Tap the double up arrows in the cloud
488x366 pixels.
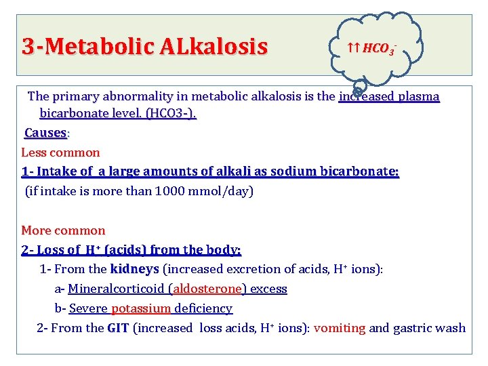coord(353,48)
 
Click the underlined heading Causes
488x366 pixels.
coord(46,133)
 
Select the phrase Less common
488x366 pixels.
coord(60,152)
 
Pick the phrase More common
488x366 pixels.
coord(63,230)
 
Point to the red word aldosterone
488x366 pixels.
coord(207,289)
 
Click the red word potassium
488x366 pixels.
coord(141,308)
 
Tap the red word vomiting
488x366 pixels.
coord(340,328)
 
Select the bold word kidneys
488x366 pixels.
coord(134,270)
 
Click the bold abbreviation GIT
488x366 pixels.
coord(119,328)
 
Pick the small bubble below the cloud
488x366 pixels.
coord(360,86)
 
